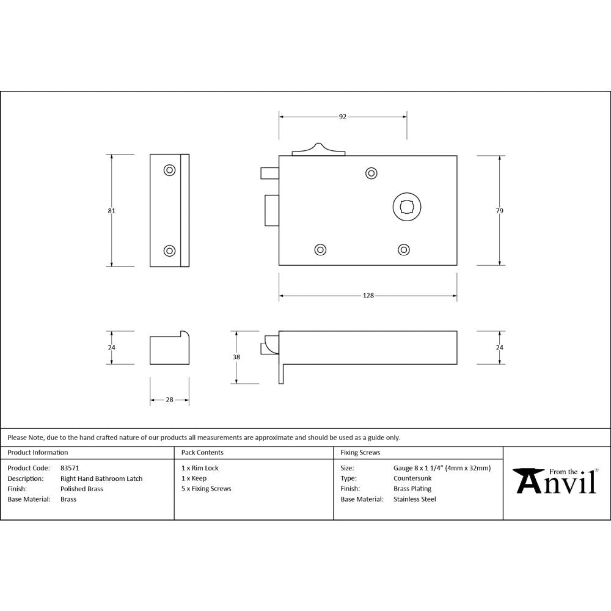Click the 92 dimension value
[x=343, y=116]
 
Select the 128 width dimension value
[x=368, y=296]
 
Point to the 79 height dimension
[x=500, y=211]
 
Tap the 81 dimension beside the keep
[x=111, y=211]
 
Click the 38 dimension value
[x=236, y=357]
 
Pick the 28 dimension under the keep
[x=169, y=400]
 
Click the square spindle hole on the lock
[x=406, y=207]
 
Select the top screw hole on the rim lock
[x=371, y=174]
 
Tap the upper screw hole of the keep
[x=169, y=170]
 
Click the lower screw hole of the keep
[x=169, y=250]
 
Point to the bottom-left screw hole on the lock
[x=320, y=249]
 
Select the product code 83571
[x=70, y=468]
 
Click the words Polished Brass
[x=82, y=489]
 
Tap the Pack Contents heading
[x=202, y=453]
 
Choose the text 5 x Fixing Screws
[x=207, y=489]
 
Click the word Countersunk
[x=412, y=478]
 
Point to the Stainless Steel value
[x=415, y=499]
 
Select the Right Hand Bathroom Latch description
[x=101, y=478]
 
